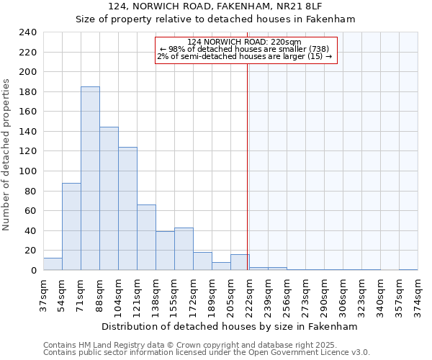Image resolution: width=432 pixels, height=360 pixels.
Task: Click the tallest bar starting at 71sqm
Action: tap(90, 179)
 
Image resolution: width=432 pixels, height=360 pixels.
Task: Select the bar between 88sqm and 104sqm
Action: tap(109, 199)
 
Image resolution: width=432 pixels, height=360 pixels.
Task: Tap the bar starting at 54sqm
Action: tap(71, 227)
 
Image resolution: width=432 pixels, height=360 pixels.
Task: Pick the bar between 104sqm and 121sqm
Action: tap(127, 209)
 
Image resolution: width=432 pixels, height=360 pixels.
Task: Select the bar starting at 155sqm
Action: tap(184, 249)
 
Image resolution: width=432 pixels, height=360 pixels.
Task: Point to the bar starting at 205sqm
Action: tap(240, 262)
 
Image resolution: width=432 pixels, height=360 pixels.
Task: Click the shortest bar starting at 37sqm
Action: tap(53, 264)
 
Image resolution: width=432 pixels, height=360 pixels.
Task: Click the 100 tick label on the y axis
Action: tap(28, 171)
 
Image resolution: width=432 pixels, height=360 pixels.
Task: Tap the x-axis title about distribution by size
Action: tap(229, 326)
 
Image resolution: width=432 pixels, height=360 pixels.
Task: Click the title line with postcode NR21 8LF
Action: tap(215, 6)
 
